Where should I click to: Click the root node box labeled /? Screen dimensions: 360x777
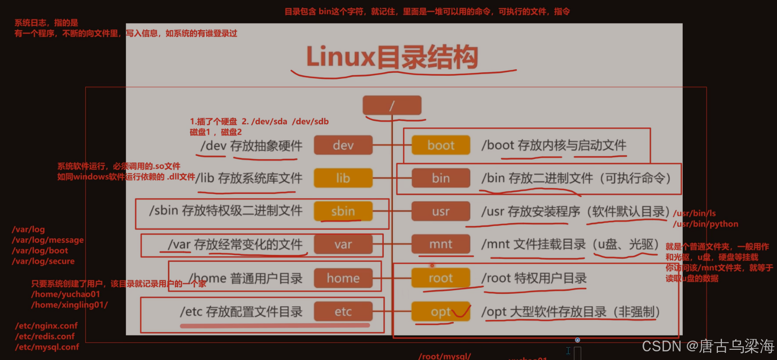[x=392, y=105]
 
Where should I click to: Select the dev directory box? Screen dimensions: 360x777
[x=343, y=145]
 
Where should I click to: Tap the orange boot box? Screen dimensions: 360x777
[x=441, y=145]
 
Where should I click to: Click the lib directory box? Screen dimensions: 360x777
[x=343, y=178]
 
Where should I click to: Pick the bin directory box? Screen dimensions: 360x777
[x=441, y=178]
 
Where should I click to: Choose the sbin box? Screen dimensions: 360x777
[x=343, y=211]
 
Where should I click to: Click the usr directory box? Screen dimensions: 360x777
[x=441, y=211]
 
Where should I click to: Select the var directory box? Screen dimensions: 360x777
[x=343, y=244]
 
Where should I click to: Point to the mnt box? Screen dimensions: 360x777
[x=441, y=244]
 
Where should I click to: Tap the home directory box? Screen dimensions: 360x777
[x=343, y=278]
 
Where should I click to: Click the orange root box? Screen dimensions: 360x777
[x=441, y=278]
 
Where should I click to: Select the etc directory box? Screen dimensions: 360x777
[x=343, y=312]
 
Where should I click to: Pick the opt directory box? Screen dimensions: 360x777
[x=441, y=312]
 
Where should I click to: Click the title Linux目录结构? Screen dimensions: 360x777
[x=392, y=57]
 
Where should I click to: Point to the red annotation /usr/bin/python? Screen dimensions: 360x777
[x=705, y=224]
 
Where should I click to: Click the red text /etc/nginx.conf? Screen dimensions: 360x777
[x=46, y=326]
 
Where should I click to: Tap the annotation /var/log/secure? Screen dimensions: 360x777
[x=43, y=261]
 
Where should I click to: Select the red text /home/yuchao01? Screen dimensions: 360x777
[x=65, y=294]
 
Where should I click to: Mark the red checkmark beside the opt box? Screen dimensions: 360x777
[x=462, y=311]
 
